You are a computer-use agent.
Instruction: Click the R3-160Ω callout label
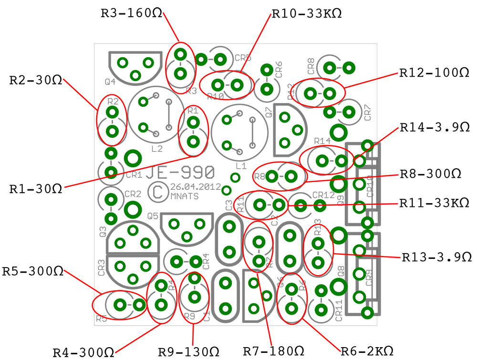point(131,13)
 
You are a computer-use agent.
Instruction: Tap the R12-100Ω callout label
point(435,73)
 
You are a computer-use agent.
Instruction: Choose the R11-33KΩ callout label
point(434,203)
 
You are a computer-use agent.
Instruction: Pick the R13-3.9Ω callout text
point(436,257)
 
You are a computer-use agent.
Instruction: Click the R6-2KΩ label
point(367,351)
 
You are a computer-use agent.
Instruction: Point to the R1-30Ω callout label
point(36,188)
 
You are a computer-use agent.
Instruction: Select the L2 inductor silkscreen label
point(156,149)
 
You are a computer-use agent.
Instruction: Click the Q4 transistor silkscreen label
point(110,82)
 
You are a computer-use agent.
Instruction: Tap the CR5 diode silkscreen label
point(243,58)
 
